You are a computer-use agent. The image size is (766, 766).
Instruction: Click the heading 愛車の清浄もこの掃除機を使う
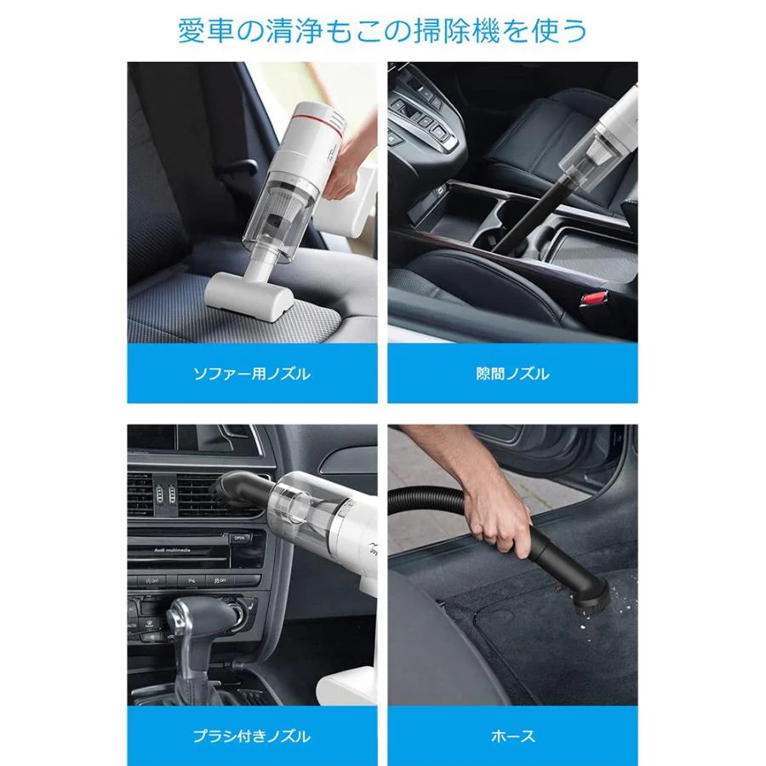pyautogui.click(x=382, y=31)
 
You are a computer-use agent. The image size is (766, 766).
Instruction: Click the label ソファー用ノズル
pyautogui.click(x=253, y=374)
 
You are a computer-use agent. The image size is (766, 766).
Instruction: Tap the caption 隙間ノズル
pyautogui.click(x=512, y=374)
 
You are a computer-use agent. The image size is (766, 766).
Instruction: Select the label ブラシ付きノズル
pyautogui.click(x=253, y=736)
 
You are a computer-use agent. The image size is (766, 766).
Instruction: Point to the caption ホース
pyautogui.click(x=512, y=736)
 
